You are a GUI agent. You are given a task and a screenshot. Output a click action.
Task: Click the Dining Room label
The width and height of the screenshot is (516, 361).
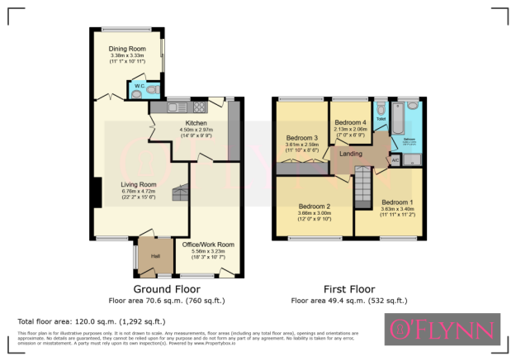pos(127,49)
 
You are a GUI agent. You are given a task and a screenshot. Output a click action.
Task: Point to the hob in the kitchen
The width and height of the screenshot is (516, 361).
pos(199,107)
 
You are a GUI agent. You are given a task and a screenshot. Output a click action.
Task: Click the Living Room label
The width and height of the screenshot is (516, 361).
pos(116,184)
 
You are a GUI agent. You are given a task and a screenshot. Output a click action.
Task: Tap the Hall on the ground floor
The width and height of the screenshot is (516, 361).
pos(154,255)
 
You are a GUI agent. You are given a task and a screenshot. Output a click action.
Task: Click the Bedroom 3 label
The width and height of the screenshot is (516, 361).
pos(302,138)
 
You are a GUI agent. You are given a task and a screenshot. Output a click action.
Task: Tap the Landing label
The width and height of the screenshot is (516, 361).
pos(351,153)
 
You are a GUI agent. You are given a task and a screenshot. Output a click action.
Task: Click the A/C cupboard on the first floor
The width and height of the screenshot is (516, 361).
pos(395,159)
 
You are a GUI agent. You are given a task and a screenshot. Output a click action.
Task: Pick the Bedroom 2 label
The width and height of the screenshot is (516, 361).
pos(315,207)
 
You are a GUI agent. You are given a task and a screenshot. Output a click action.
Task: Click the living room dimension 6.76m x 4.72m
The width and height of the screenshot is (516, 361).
pos(116,192)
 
